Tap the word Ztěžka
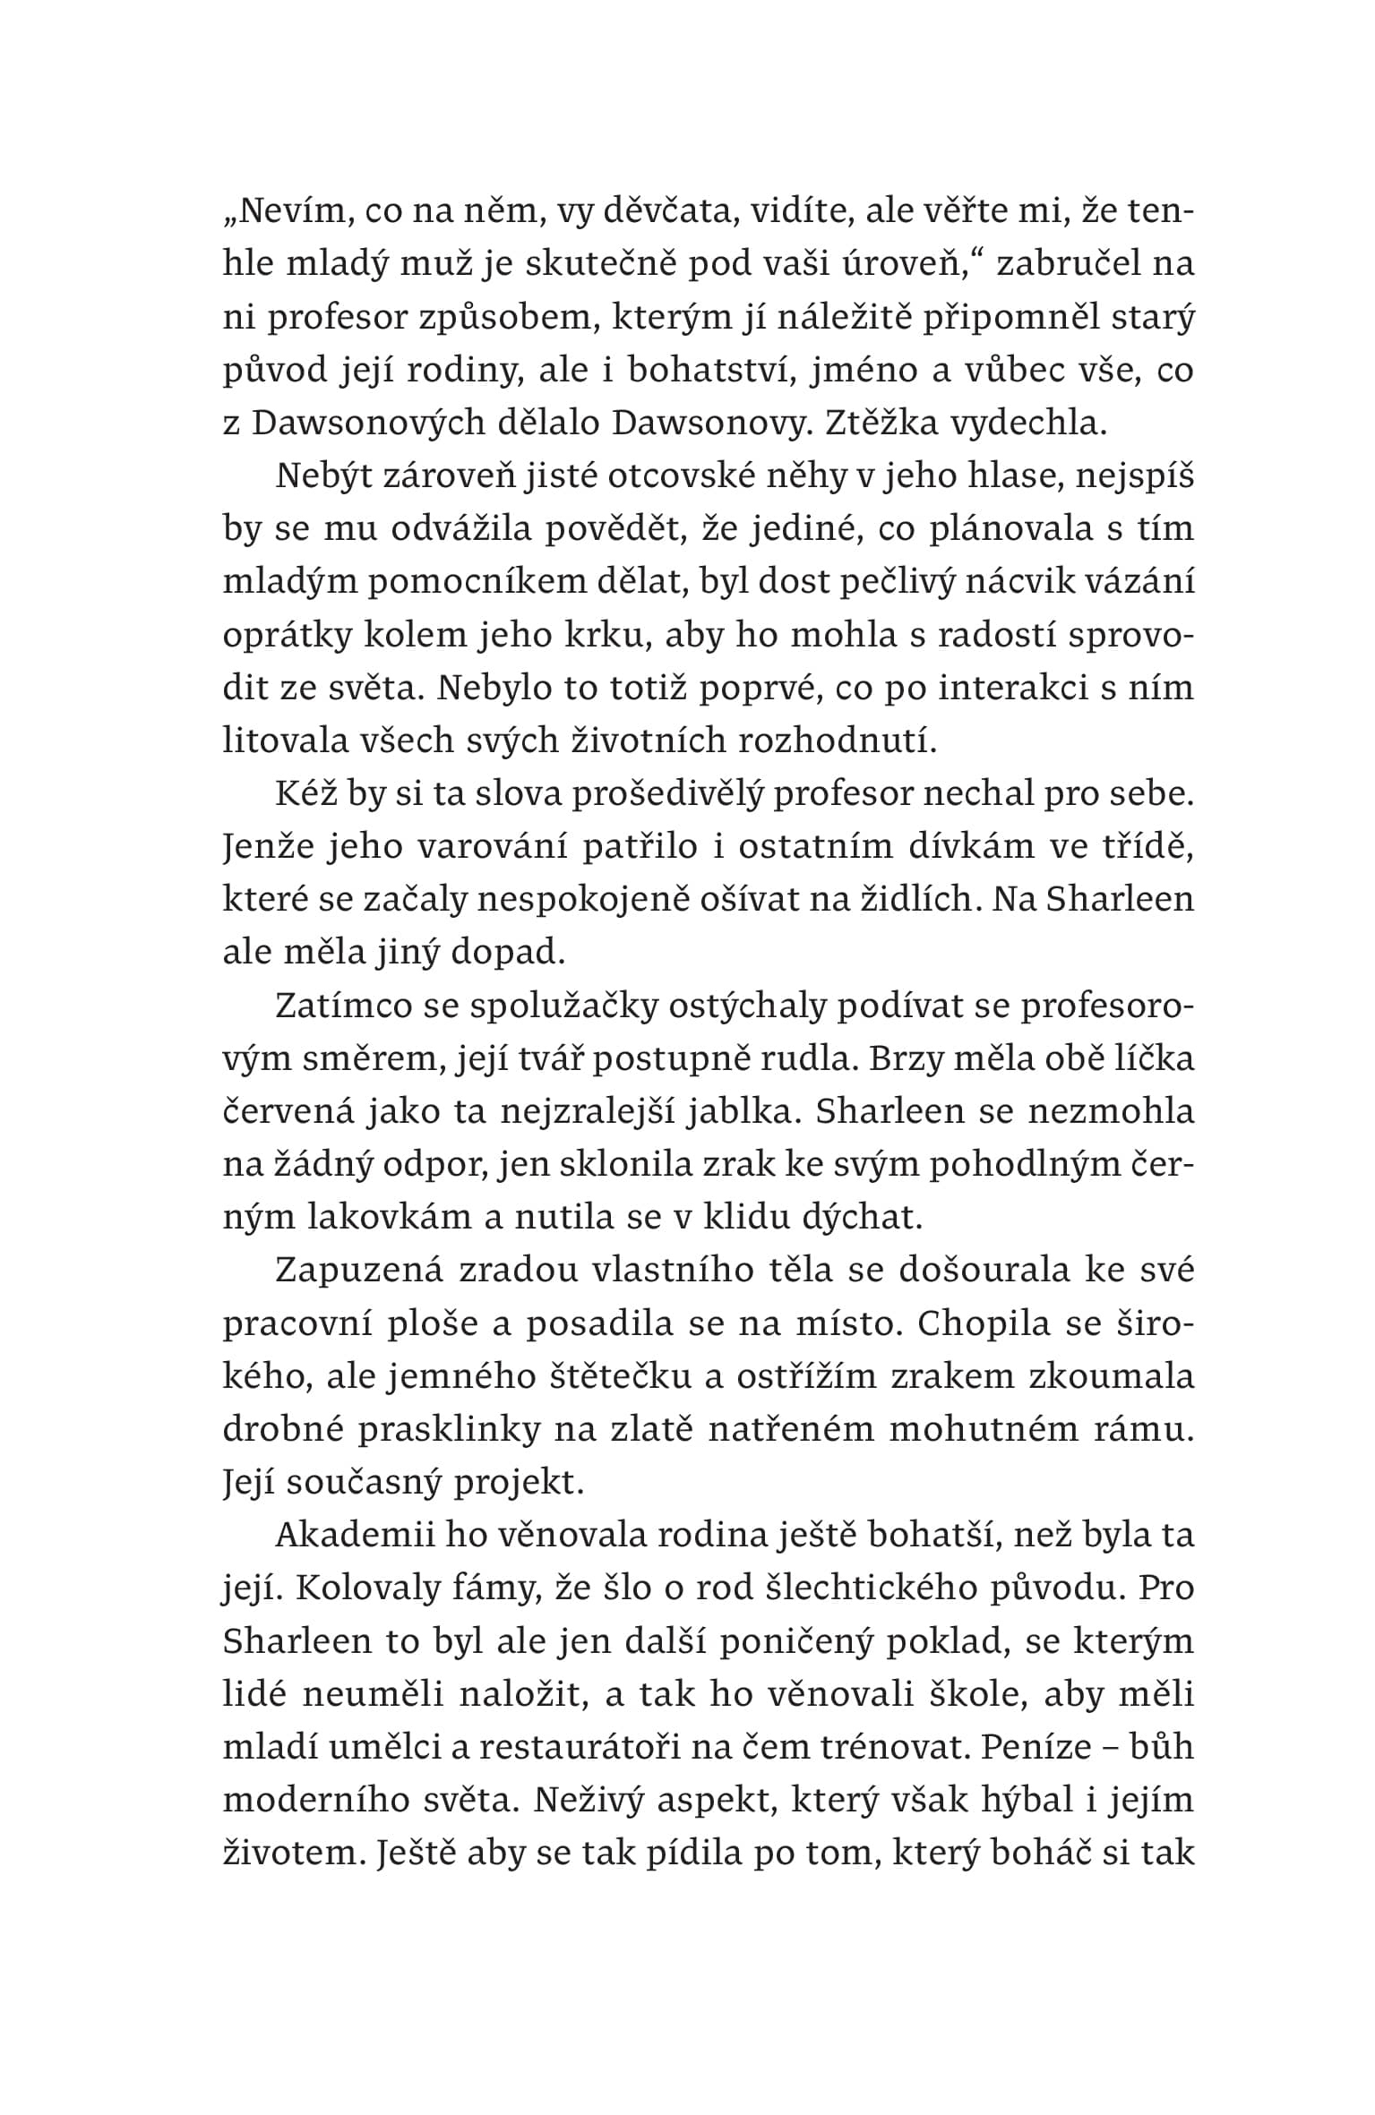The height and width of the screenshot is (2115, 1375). pyautogui.click(x=875, y=424)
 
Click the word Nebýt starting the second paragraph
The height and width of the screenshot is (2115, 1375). pyautogui.click(x=331, y=476)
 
